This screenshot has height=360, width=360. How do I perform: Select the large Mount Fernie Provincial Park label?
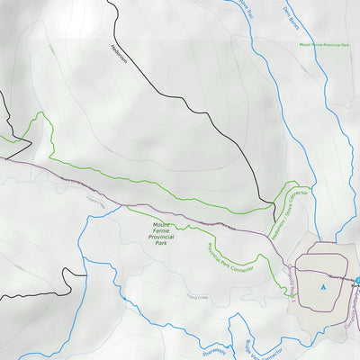point(161,233)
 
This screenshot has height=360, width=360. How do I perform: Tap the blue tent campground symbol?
point(322,287)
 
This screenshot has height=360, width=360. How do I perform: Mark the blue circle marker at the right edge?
point(356,282)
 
